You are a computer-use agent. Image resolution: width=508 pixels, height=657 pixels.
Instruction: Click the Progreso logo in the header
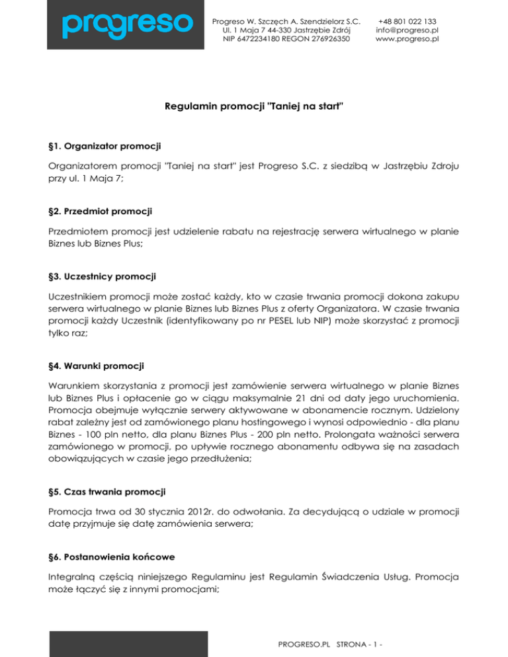[127, 24]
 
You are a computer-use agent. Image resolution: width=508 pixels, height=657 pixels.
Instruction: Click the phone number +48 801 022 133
[405, 20]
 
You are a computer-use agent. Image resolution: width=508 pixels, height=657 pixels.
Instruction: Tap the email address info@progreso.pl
[405, 29]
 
